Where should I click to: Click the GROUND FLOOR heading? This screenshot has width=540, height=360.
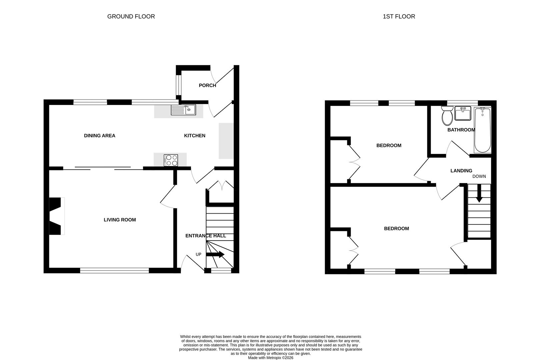tap(131, 16)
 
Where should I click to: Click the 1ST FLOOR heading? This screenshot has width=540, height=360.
tap(399, 16)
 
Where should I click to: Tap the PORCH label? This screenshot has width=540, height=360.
tap(207, 85)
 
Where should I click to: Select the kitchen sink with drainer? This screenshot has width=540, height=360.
tap(183, 110)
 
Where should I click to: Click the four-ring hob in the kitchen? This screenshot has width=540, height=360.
tap(171, 160)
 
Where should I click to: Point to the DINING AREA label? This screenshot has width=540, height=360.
tap(100, 136)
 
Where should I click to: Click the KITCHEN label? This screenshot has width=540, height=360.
tap(195, 136)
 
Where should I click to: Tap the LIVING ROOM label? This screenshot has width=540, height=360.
tap(120, 220)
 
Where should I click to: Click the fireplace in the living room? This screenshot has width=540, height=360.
tap(57, 216)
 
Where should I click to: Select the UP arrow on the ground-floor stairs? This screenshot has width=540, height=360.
tap(215, 254)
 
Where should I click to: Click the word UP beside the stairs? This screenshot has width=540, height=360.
tap(198, 254)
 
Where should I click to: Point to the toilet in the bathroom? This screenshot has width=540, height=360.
tap(447, 116)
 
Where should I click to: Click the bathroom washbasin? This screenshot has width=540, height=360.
tap(463, 113)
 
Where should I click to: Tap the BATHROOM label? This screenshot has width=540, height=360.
tap(461, 130)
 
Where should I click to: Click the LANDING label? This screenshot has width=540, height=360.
tap(461, 171)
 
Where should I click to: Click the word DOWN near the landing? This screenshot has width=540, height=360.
tap(479, 177)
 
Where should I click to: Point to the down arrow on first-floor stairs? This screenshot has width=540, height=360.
tap(479, 193)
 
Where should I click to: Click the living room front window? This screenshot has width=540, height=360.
tap(115, 271)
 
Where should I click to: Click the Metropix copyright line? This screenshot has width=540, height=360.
tap(270, 358)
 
